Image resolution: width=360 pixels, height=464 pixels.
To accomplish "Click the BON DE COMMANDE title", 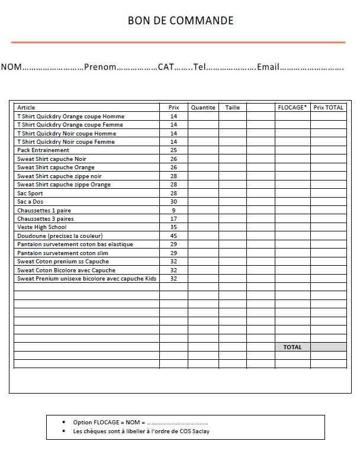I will (181, 21).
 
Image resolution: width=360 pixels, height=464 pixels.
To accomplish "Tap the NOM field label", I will (11, 67).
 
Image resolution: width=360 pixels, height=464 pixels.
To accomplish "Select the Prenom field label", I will (100, 67).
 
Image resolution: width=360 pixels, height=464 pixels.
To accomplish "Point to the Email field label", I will (268, 67).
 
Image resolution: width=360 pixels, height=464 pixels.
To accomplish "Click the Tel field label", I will (199, 67).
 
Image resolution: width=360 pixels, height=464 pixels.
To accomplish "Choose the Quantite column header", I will (203, 108).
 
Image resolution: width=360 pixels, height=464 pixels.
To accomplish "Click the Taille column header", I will (233, 108).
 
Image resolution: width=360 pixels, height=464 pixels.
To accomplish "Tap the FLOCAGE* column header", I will (292, 108).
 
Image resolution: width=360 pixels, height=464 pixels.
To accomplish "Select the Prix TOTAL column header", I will (329, 108).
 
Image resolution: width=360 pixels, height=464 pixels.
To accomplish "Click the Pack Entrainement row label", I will (43, 150).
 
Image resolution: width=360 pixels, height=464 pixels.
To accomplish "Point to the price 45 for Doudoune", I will (173, 236).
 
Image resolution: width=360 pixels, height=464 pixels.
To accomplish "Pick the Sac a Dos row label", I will (31, 202).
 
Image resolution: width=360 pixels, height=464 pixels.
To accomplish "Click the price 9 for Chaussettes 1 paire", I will (173, 210).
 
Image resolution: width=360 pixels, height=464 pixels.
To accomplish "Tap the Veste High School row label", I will (42, 227).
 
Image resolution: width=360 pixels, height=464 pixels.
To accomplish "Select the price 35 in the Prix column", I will (173, 227).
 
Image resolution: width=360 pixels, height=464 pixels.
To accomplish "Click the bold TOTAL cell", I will (292, 347).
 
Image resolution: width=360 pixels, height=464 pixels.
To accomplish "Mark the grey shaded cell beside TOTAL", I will (329, 347).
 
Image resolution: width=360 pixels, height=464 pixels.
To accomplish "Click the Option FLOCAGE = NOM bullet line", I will (140, 423).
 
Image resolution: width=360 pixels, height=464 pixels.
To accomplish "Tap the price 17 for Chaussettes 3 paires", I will (173, 219).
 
